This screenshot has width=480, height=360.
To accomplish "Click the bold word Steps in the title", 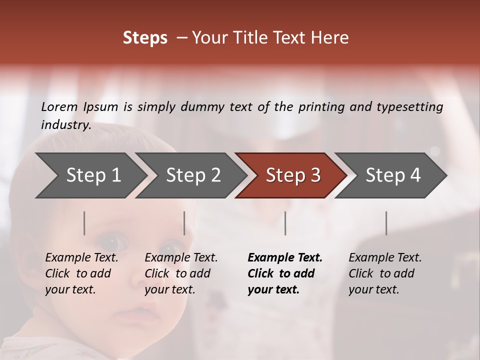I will click(145, 38).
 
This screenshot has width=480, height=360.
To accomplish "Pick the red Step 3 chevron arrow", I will click(293, 175).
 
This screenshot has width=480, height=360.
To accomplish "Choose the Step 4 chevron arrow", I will click(393, 175).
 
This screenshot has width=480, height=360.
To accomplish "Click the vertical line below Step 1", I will click(84, 223).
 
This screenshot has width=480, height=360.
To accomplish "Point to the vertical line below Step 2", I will click(184, 223).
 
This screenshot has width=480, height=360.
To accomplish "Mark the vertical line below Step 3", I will click(285, 223).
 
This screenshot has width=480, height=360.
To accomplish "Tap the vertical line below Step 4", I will click(386, 223).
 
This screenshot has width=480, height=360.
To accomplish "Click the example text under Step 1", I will click(81, 273).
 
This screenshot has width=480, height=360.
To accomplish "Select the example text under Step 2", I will click(181, 273).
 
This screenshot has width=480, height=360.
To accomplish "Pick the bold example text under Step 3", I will click(285, 273).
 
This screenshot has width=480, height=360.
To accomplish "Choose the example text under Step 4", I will click(385, 273).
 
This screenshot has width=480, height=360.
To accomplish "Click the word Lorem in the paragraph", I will click(59, 106).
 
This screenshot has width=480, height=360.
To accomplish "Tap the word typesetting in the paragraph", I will click(409, 106).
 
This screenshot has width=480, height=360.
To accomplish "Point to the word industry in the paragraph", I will click(66, 124).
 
